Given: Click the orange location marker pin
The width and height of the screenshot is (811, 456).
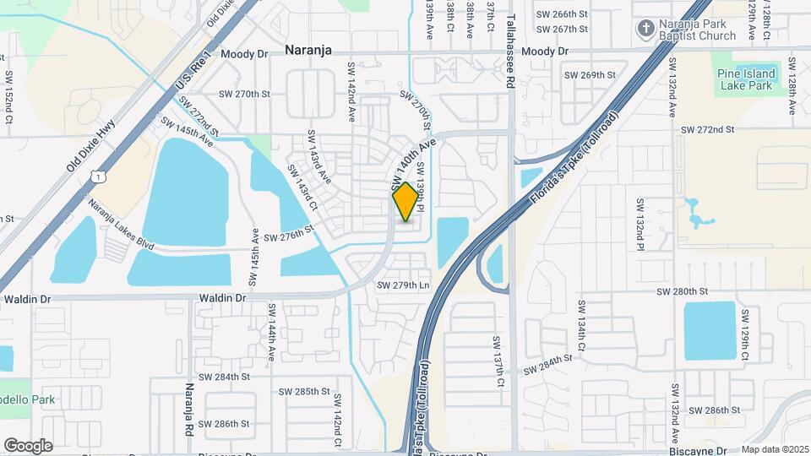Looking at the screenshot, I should (405, 201).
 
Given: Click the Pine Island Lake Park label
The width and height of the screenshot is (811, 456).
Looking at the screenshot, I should (745, 79).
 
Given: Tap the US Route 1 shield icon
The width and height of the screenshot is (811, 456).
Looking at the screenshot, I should (99, 176).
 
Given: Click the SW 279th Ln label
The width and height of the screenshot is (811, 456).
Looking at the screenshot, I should (403, 285).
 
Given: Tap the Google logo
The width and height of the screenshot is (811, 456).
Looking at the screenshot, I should (28, 445).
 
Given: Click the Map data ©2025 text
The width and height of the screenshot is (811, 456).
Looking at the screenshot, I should (775, 450).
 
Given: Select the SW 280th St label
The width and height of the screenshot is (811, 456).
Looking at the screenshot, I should (682, 291).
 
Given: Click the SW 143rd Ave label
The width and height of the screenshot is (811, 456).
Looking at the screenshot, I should (318, 158).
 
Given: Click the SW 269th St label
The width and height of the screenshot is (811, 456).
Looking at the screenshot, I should (591, 75).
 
